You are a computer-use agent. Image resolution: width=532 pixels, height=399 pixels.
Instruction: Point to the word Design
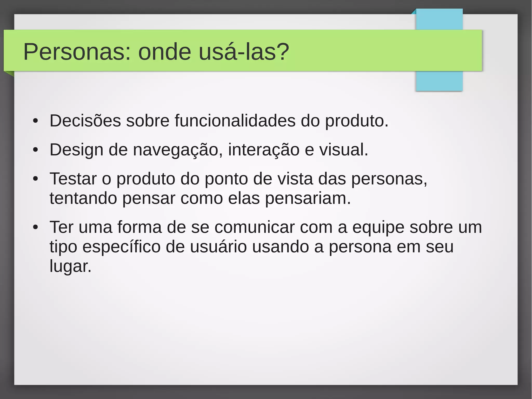[x=76, y=150]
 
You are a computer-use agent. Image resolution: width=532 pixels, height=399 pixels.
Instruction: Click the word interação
[x=264, y=150]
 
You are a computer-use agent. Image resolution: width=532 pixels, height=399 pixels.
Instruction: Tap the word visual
[x=343, y=150]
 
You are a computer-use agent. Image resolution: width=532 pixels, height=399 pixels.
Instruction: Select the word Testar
[x=73, y=179]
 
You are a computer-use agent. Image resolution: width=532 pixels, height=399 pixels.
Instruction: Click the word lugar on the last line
[x=70, y=266]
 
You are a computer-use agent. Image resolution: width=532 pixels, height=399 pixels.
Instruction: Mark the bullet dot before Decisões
[x=36, y=121]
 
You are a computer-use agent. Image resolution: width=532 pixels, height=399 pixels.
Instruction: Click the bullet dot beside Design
[x=36, y=150]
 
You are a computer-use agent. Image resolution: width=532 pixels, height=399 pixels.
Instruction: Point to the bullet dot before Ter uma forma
[x=36, y=227]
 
